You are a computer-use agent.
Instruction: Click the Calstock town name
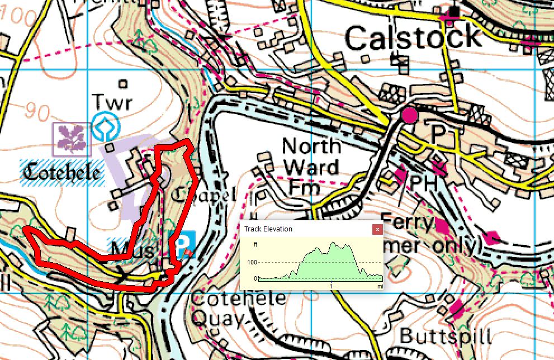(413, 38)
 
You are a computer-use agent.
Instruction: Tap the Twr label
(112, 103)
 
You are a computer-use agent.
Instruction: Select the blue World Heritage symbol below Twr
(103, 127)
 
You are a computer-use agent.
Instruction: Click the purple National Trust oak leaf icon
(72, 139)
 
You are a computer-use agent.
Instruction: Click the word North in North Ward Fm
(311, 146)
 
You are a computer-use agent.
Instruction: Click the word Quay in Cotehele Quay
(217, 319)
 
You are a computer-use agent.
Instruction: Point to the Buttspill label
(445, 337)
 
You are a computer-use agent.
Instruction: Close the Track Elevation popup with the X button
(377, 229)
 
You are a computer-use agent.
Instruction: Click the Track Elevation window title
(268, 229)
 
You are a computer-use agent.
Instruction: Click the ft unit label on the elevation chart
(255, 244)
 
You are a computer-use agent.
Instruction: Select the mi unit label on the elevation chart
(380, 285)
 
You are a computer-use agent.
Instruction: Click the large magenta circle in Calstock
(410, 116)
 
